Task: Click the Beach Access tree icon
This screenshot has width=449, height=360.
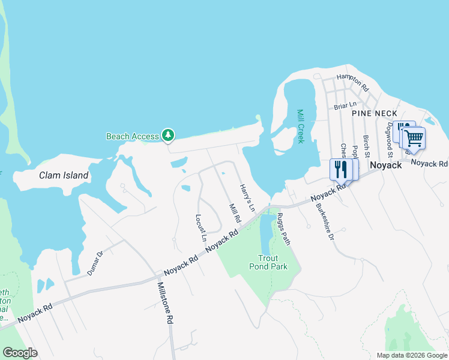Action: coord(169,136)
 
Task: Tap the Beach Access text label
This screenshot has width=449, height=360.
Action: coord(132,136)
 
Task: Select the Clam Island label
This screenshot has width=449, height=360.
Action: coord(64,176)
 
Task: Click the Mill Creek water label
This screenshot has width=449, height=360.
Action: coord(301,126)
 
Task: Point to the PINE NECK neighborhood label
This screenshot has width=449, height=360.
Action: coord(375,113)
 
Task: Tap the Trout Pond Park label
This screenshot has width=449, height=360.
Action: coord(268,262)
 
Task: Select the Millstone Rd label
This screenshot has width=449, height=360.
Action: coord(165,304)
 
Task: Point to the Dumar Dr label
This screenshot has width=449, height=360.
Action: coord(95,263)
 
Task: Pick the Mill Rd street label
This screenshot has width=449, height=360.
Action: coord(235,213)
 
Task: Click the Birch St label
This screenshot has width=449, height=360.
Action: coord(365,145)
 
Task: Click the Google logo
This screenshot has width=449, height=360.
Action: coord(20,353)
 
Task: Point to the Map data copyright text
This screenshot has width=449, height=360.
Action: coord(411,355)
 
